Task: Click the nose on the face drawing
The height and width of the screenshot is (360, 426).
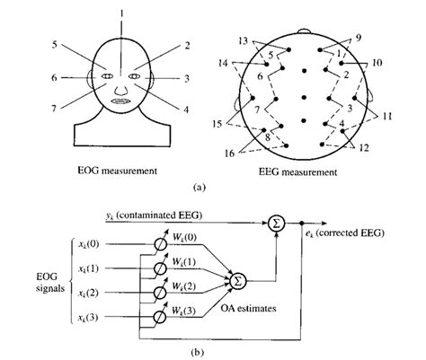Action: click(122, 83)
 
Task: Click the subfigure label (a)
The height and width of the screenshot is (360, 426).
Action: click(212, 188)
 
